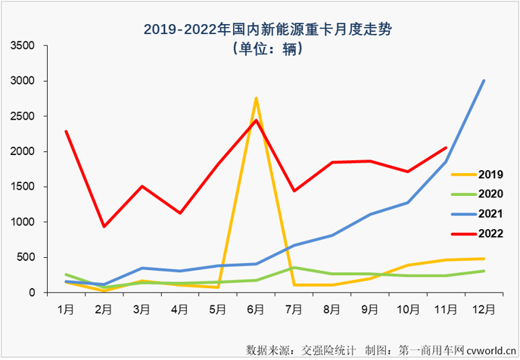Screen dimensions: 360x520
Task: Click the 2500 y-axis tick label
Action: coord(23,116)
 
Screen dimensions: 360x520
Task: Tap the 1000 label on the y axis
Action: coord(23,222)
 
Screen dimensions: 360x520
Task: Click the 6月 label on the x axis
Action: coord(256,310)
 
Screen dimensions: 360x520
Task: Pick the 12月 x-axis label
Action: coord(484,310)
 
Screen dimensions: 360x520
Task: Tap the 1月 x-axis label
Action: coord(67,310)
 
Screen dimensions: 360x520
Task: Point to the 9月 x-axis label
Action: coord(370,310)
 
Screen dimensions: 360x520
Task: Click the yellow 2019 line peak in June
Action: coord(256,98)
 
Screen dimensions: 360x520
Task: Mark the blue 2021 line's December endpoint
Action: coord(484,81)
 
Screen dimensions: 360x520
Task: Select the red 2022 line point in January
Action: coord(67,132)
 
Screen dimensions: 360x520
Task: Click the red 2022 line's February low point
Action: coord(104,226)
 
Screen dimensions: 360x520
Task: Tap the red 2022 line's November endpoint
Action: coord(446,147)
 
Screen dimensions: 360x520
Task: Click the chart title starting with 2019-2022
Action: coord(260,29)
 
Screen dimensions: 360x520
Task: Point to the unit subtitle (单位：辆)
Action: coord(260,50)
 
